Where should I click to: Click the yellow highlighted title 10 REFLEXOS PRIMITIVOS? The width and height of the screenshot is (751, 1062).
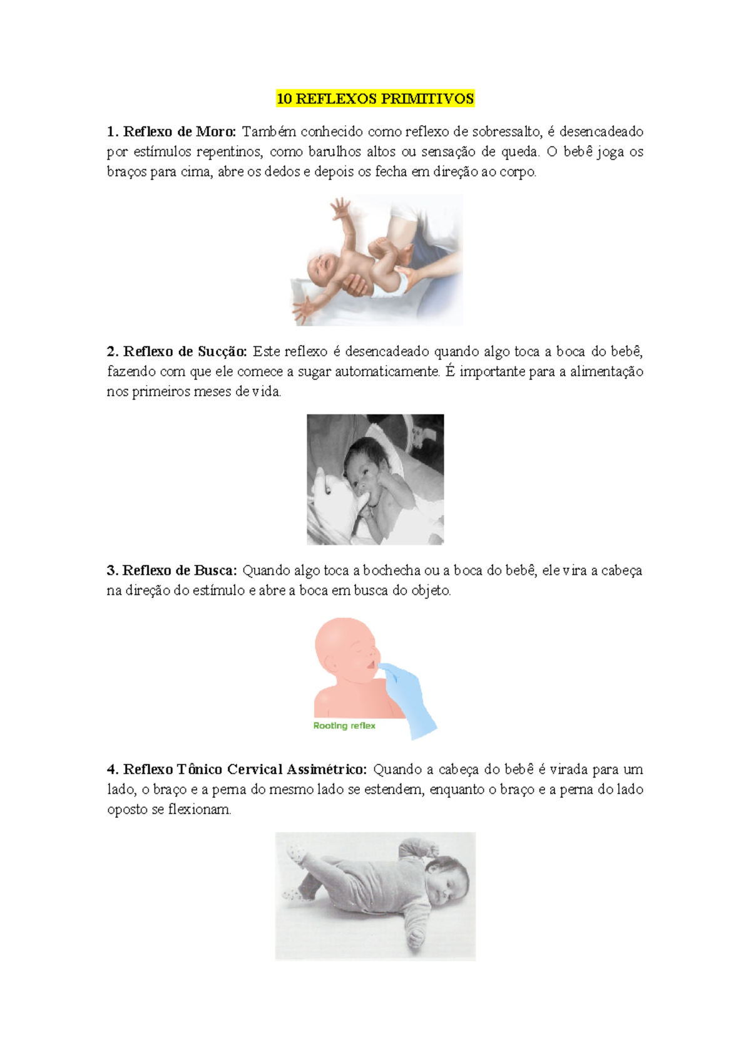(x=375, y=98)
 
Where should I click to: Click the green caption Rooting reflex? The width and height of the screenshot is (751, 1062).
(x=344, y=725)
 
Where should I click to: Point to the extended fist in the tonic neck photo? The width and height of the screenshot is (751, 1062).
(x=417, y=936)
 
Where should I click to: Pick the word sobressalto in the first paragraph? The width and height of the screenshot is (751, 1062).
(x=506, y=131)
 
